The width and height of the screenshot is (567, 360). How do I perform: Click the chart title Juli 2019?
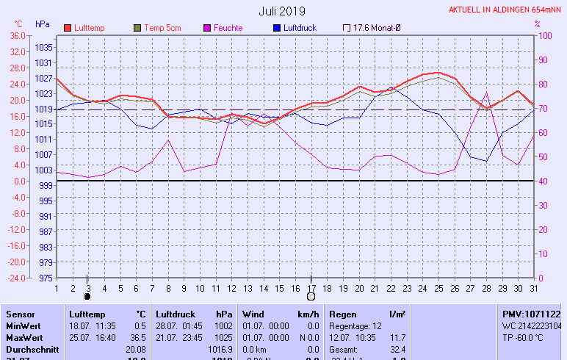pos(282,11)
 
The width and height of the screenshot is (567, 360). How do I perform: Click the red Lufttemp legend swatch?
pos(68,28)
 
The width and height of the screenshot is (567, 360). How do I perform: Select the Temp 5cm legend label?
pos(162,28)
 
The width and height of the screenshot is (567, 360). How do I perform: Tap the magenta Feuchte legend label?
pos(228,28)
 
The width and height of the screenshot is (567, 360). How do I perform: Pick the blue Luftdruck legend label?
pos(303,28)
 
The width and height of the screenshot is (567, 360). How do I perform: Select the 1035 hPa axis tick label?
pos(43,47)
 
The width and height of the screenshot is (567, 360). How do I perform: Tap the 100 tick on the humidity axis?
pos(545,35)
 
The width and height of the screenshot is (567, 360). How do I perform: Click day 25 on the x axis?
pos(439,287)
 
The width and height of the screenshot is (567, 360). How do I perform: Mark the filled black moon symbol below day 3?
pos(87,297)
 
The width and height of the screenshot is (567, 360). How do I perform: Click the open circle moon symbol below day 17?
pos(311,297)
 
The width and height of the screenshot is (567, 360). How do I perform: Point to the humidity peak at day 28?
pos(487,93)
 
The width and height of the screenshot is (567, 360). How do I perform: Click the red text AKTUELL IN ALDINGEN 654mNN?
pos(506,10)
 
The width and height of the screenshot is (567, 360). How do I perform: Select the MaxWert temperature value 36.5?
pos(138,337)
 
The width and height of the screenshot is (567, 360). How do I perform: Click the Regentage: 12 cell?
pos(356,325)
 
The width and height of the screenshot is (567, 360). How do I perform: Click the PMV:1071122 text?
pos(531,314)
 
